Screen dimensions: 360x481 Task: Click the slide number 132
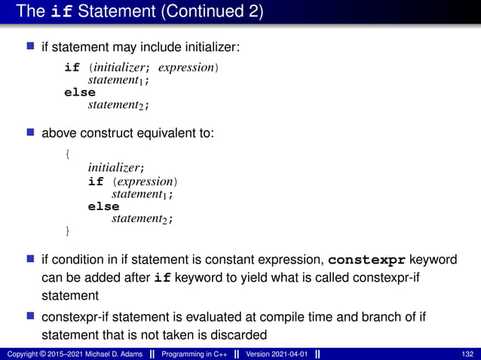(466, 354)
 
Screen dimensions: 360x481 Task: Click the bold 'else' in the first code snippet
(80, 92)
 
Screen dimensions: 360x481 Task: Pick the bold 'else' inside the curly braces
(103, 206)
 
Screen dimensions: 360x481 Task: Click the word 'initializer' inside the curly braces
(114, 169)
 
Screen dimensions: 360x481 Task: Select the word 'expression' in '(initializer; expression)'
(191, 67)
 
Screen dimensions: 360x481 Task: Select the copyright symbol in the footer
(41, 354)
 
